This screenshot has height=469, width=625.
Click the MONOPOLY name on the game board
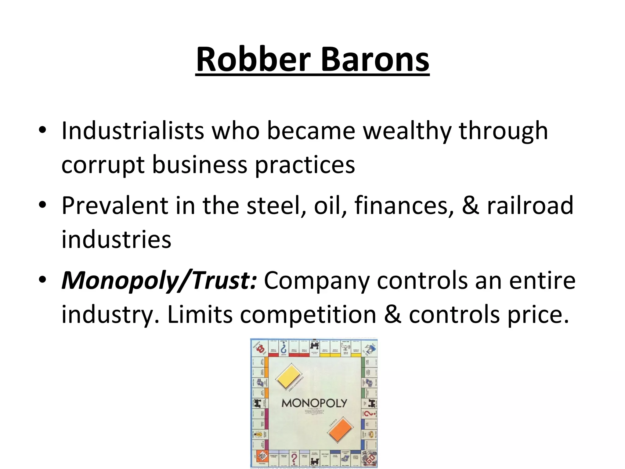[x=314, y=403]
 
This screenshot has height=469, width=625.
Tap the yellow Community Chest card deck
[x=289, y=377]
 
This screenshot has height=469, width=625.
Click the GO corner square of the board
[x=369, y=458]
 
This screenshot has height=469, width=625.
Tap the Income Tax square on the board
[x=325, y=457]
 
